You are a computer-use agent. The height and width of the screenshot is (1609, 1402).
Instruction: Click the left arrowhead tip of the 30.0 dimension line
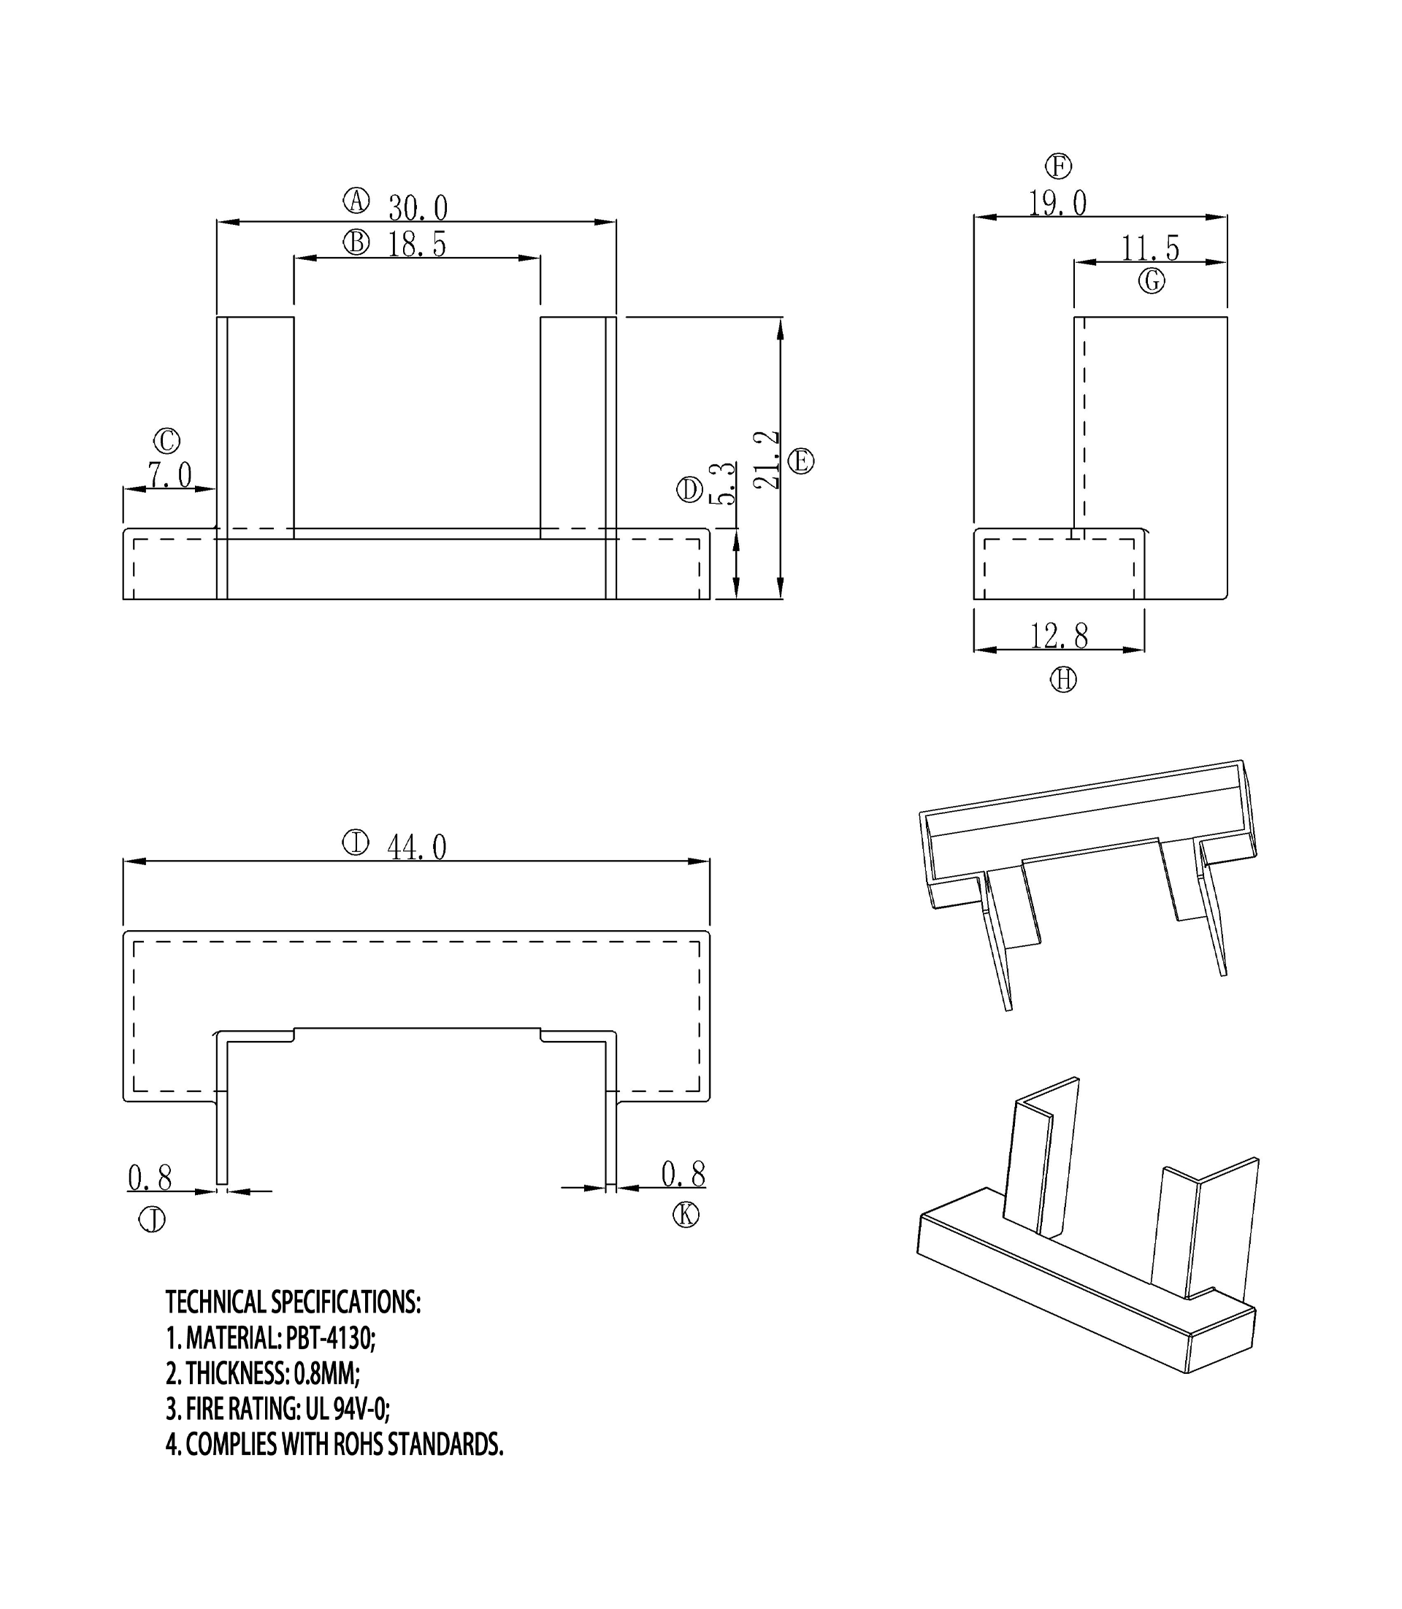coord(218,222)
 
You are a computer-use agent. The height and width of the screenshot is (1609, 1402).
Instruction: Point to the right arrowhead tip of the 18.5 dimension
coord(540,258)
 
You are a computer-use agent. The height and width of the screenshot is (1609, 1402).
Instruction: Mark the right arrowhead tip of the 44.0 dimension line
coord(710,861)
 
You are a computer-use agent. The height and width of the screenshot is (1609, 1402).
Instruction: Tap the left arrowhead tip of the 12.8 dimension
coord(975,649)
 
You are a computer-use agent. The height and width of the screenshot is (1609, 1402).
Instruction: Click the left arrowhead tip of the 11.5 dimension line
coord(1075,262)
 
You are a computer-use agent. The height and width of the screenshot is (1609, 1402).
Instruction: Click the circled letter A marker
coord(357,201)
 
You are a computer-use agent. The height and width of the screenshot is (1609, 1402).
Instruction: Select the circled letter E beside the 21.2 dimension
coord(801,461)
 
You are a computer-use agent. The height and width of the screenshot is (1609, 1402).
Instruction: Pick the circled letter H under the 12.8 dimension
coord(1063,680)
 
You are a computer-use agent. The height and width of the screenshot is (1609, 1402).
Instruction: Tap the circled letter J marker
coord(153,1219)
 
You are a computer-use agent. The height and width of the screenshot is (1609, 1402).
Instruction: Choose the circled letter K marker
coord(686,1215)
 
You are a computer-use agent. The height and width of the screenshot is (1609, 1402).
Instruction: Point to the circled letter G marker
coord(1152,281)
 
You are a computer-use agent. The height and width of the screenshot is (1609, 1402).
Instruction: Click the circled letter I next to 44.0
coord(356,843)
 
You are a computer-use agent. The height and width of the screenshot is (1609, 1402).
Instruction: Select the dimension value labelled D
coord(723,483)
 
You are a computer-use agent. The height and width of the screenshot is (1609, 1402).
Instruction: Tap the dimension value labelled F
coord(1058,203)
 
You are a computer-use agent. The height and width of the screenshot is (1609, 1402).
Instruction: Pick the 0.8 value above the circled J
coord(150,1178)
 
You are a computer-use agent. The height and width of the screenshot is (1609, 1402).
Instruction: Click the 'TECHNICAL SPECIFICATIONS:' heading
coord(294,1302)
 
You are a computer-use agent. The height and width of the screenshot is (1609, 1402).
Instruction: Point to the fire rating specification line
coord(277,1409)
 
